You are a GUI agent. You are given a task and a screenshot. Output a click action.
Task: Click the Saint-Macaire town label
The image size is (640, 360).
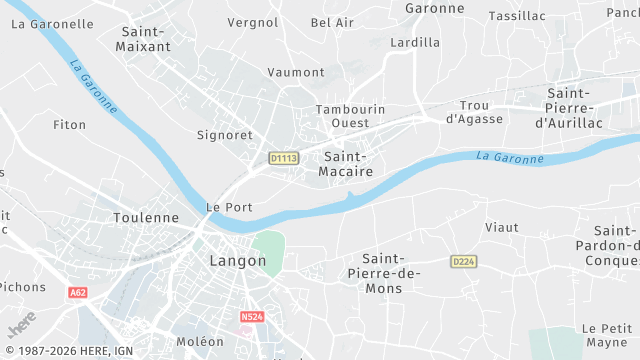click(348, 164)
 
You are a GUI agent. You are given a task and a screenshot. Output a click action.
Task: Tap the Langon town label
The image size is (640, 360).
click(238, 261)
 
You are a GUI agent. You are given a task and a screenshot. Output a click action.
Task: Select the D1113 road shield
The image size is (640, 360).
click(284, 158)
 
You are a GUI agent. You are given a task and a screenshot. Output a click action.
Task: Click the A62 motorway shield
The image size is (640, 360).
click(78, 292)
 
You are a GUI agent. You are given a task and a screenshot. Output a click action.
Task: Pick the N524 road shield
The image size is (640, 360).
click(252, 317)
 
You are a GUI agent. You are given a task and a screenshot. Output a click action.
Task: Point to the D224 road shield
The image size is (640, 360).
click(462, 261)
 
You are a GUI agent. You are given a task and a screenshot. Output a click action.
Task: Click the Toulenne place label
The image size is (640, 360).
click(146, 217)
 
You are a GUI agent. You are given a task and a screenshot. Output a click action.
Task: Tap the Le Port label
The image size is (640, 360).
click(228, 207)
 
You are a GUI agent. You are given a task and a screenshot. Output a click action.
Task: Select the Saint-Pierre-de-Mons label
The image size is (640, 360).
click(382, 273)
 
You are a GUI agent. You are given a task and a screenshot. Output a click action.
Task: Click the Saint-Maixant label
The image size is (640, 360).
click(144, 39)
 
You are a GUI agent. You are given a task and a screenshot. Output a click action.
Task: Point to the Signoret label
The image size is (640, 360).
click(224, 133)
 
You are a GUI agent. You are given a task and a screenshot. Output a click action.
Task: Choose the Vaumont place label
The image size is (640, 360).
click(296, 72)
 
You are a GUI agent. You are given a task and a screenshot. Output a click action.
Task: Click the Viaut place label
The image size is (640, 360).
click(501, 227)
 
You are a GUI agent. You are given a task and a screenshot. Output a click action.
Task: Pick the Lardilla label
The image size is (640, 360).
click(415, 42)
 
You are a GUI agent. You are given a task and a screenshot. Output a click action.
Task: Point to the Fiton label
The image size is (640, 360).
click(70, 125)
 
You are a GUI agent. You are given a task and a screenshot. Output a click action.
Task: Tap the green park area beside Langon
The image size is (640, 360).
click(268, 248)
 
